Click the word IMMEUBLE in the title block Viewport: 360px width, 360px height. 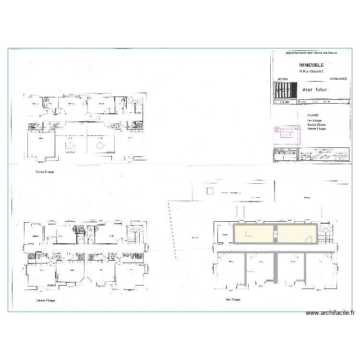coord(312,65)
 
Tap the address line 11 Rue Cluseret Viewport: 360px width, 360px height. coord(312,72)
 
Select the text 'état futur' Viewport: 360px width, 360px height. coord(314,90)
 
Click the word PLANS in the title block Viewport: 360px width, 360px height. coord(313,115)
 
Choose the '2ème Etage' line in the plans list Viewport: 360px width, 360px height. coord(316,124)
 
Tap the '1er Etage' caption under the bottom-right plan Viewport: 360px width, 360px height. coord(232,300)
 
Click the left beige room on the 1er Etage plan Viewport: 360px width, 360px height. coord(253,235)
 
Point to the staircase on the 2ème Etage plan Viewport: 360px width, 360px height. coord(136,234)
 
